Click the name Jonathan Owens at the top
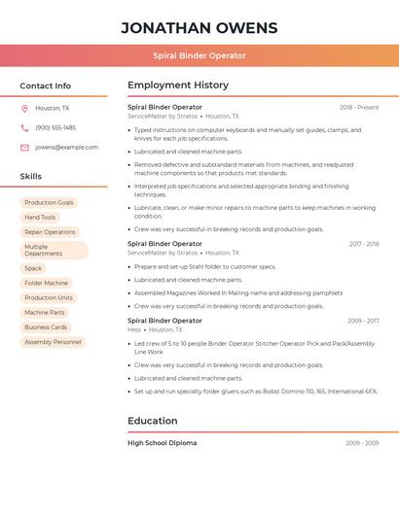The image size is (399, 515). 199,27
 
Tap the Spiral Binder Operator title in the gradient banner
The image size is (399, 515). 199,55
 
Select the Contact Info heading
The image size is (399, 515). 45,86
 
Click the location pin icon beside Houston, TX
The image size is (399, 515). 24,108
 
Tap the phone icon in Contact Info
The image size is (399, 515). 24,127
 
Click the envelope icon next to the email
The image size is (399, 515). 24,148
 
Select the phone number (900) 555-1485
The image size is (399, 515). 55,127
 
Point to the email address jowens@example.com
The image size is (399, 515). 66,148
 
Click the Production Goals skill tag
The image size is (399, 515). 49,203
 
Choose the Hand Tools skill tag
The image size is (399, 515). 40,218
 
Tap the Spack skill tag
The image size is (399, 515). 33,268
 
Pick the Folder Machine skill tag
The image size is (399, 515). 46,283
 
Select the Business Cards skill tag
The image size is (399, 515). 46,327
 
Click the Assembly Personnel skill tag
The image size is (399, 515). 53,342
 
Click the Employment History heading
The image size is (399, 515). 178,86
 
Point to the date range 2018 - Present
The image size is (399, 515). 359,107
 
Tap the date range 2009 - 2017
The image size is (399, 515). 363,321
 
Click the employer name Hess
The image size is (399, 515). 134,329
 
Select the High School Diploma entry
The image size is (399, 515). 162,443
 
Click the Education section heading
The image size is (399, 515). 153,421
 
